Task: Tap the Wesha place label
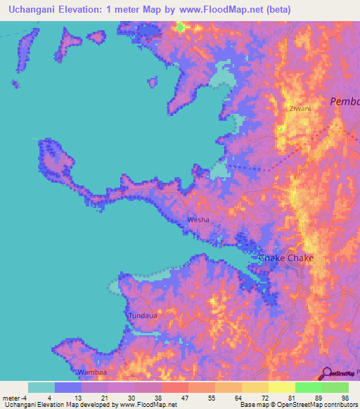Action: (197, 220)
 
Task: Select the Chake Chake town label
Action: (286, 258)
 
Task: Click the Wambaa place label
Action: (91, 372)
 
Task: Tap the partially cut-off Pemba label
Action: (345, 102)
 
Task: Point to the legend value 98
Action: (345, 397)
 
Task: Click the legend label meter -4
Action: (15, 397)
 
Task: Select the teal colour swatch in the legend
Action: (41, 387)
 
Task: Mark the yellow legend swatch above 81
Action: (281, 387)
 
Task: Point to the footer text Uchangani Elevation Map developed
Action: (49, 404)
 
